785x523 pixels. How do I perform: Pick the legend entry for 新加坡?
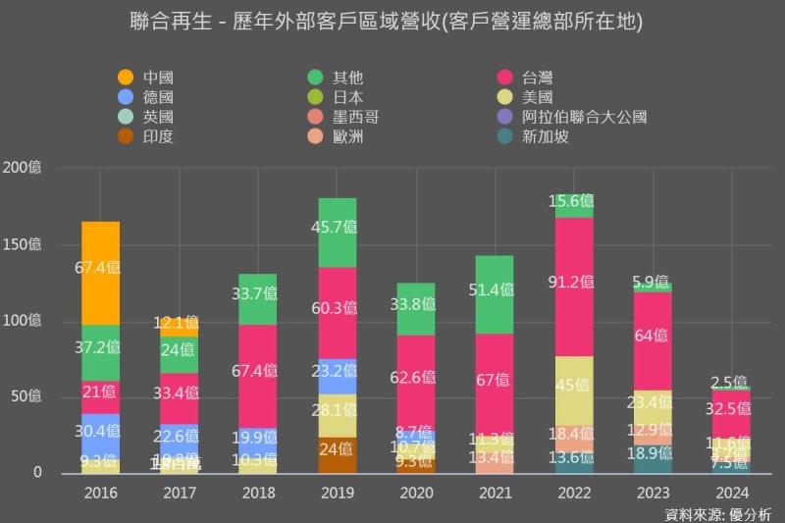[545, 136]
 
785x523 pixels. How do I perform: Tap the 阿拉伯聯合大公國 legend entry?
[584, 117]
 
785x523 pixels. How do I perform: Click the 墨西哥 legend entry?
[355, 117]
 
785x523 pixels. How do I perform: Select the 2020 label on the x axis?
[416, 493]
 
